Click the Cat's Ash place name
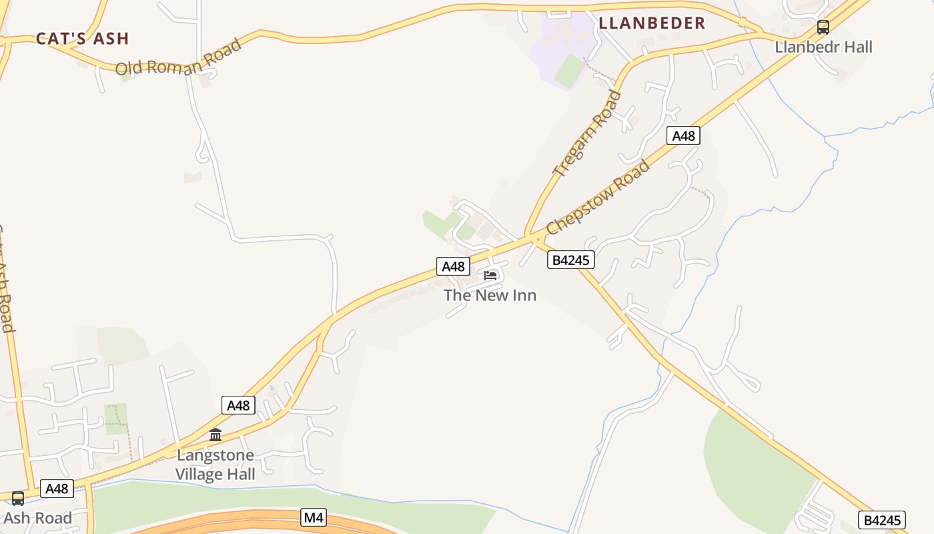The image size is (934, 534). click(x=82, y=39)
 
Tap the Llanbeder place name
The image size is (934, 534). click(x=651, y=23)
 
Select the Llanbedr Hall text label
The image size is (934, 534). click(x=823, y=47)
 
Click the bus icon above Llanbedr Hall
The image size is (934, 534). click(x=823, y=27)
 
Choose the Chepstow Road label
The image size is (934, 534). click(x=598, y=197)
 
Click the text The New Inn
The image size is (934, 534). click(x=490, y=295)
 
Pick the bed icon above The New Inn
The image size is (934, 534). click(x=490, y=275)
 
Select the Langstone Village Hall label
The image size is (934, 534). click(x=215, y=465)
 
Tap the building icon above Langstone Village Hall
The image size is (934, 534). click(x=215, y=436)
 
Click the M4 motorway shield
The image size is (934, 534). click(x=314, y=517)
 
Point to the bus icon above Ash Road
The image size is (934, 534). click(x=18, y=499)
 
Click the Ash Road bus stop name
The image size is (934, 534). click(x=37, y=518)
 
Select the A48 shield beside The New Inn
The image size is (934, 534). click(x=453, y=266)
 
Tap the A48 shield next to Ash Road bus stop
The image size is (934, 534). click(x=57, y=489)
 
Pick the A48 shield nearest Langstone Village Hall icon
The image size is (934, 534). click(x=238, y=405)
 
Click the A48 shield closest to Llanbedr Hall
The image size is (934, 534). click(x=683, y=136)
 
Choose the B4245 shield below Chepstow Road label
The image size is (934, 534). click(x=570, y=260)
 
